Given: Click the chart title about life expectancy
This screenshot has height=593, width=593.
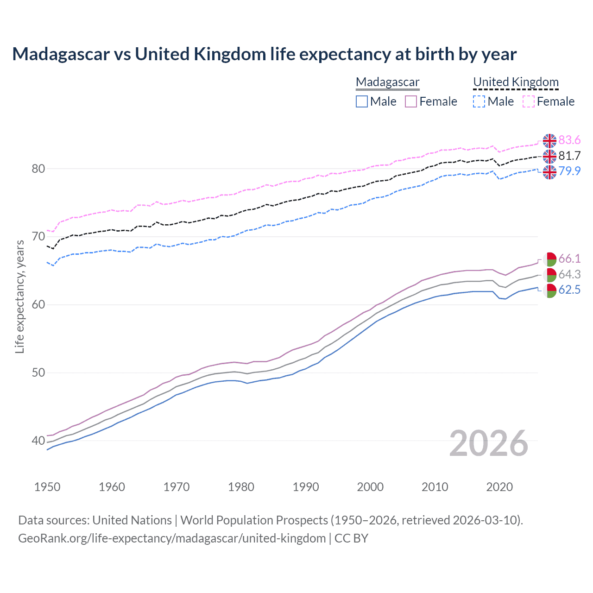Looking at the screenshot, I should (264, 54).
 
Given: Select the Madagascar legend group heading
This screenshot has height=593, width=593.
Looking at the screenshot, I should (387, 82).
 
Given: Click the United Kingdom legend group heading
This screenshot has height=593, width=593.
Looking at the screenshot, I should (516, 82).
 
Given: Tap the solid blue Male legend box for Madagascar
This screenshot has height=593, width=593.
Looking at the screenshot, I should (362, 101).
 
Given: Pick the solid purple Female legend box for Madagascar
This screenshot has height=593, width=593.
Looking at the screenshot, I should (411, 101).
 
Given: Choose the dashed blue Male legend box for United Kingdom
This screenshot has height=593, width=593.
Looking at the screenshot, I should (479, 101).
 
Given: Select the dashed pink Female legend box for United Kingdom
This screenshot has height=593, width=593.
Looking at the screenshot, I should (529, 101).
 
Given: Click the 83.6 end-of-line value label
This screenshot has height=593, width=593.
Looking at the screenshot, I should (569, 140).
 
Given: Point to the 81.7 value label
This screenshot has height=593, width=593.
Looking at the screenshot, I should (569, 156).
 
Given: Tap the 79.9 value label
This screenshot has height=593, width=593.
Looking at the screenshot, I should (569, 171).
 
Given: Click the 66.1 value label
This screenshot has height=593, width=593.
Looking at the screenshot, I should (569, 259).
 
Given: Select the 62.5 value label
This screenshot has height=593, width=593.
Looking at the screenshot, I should (569, 290).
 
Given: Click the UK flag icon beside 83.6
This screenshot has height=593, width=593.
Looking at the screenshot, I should (549, 141).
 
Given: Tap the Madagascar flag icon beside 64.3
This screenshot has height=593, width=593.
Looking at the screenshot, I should (550, 275).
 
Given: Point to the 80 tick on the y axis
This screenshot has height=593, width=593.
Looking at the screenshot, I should (38, 169).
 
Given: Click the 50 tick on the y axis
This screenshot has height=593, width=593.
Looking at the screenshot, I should (38, 373).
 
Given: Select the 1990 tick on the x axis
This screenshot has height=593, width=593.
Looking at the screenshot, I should (306, 487).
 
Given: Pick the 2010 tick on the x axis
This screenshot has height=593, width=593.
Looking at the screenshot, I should (435, 487).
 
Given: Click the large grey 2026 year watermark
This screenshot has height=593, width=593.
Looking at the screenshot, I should (489, 444).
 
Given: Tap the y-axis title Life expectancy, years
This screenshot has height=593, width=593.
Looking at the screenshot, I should (20, 296).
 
